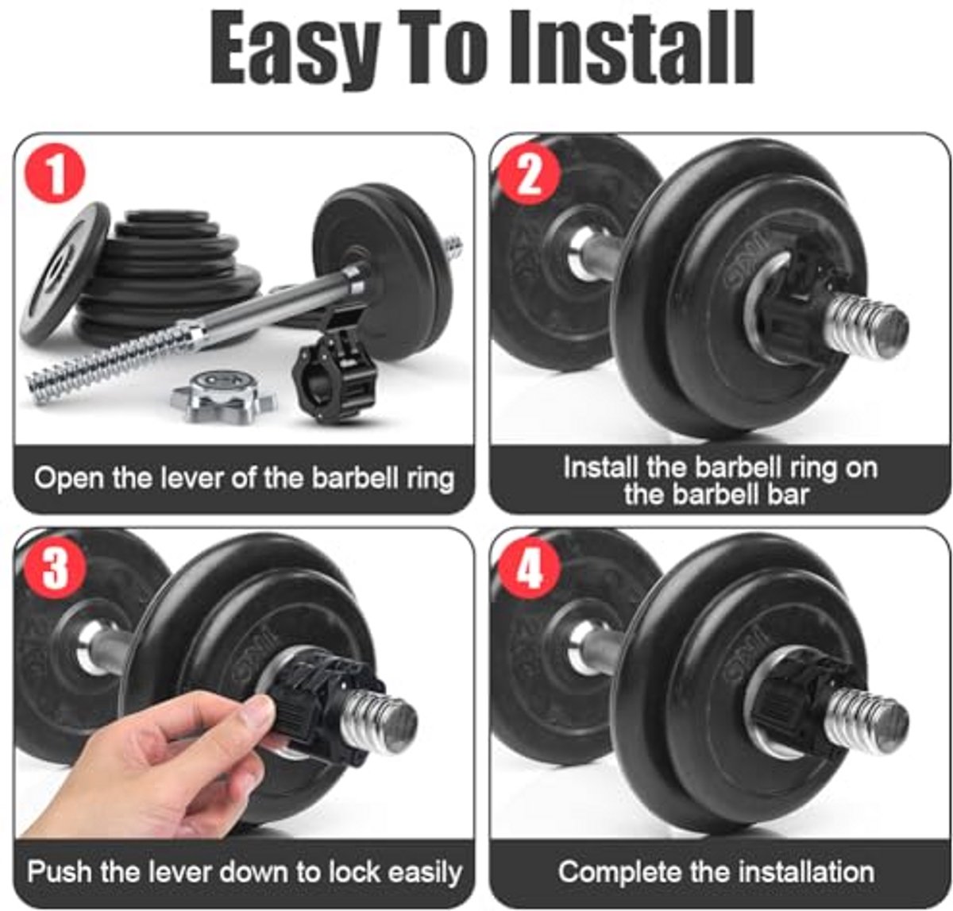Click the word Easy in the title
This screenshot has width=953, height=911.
click(295, 49)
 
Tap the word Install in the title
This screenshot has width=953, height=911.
click(631, 47)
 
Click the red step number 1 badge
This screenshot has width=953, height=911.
click(55, 173)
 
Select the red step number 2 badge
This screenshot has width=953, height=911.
click(530, 174)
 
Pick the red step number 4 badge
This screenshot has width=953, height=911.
click(530, 569)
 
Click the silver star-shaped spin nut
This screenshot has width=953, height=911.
click(223, 396)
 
